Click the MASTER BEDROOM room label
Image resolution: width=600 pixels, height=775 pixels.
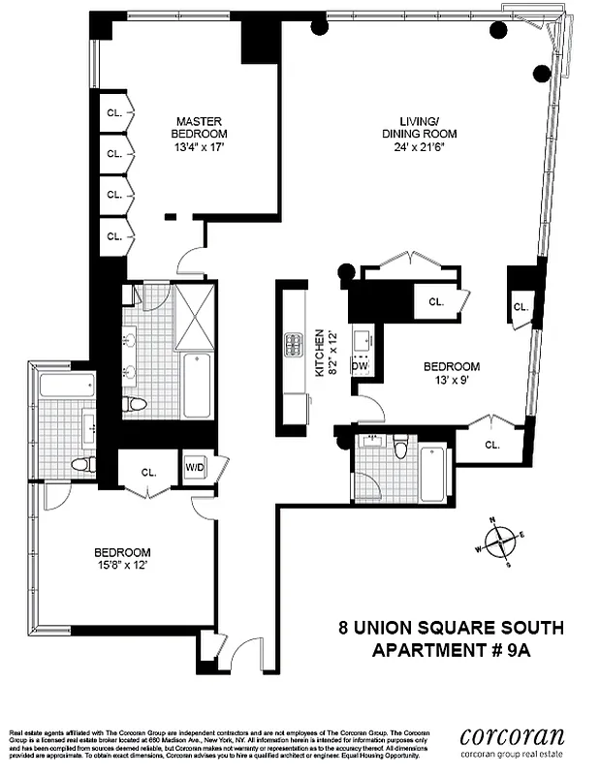click(x=200, y=126)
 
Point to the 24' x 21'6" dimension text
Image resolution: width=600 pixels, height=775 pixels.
click(x=417, y=148)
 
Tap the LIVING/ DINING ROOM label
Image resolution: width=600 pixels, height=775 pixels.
click(x=418, y=127)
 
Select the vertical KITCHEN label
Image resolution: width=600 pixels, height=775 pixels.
click(x=317, y=355)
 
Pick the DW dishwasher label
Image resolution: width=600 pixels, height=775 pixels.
click(x=360, y=366)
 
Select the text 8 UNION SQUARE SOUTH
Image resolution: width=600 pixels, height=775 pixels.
click(x=451, y=628)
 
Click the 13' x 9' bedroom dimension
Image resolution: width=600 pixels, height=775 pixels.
click(x=451, y=381)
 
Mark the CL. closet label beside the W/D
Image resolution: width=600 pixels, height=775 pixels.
click(x=149, y=473)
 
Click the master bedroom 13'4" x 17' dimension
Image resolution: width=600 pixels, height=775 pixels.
click(x=200, y=147)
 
